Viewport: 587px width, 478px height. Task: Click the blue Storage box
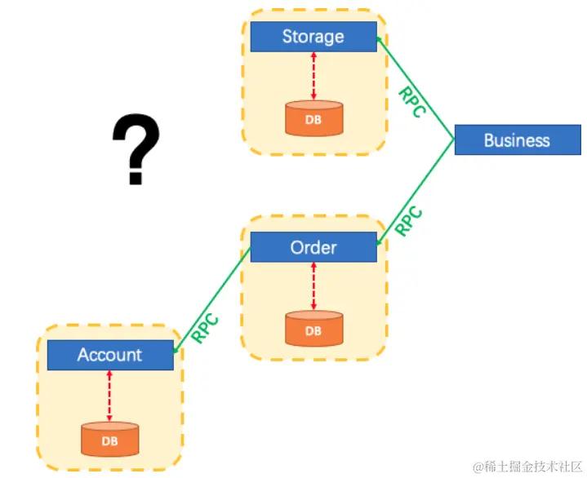point(314,37)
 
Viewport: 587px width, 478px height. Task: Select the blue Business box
point(517,140)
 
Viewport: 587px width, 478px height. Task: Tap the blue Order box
point(314,247)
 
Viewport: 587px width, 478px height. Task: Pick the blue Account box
point(110,355)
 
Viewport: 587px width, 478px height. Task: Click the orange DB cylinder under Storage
point(314,118)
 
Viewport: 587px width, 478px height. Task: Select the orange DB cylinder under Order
point(314,329)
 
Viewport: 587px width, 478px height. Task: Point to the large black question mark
point(136,150)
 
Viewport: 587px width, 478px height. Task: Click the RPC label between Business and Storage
point(411,102)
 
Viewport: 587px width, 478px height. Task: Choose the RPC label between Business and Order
point(409,221)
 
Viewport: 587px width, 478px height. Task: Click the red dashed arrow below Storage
point(314,76)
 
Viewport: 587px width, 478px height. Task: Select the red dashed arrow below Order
point(314,286)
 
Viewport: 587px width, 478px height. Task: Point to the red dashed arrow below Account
point(109,396)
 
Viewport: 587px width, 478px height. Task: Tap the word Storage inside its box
point(314,37)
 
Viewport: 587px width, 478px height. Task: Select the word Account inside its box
point(110,355)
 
